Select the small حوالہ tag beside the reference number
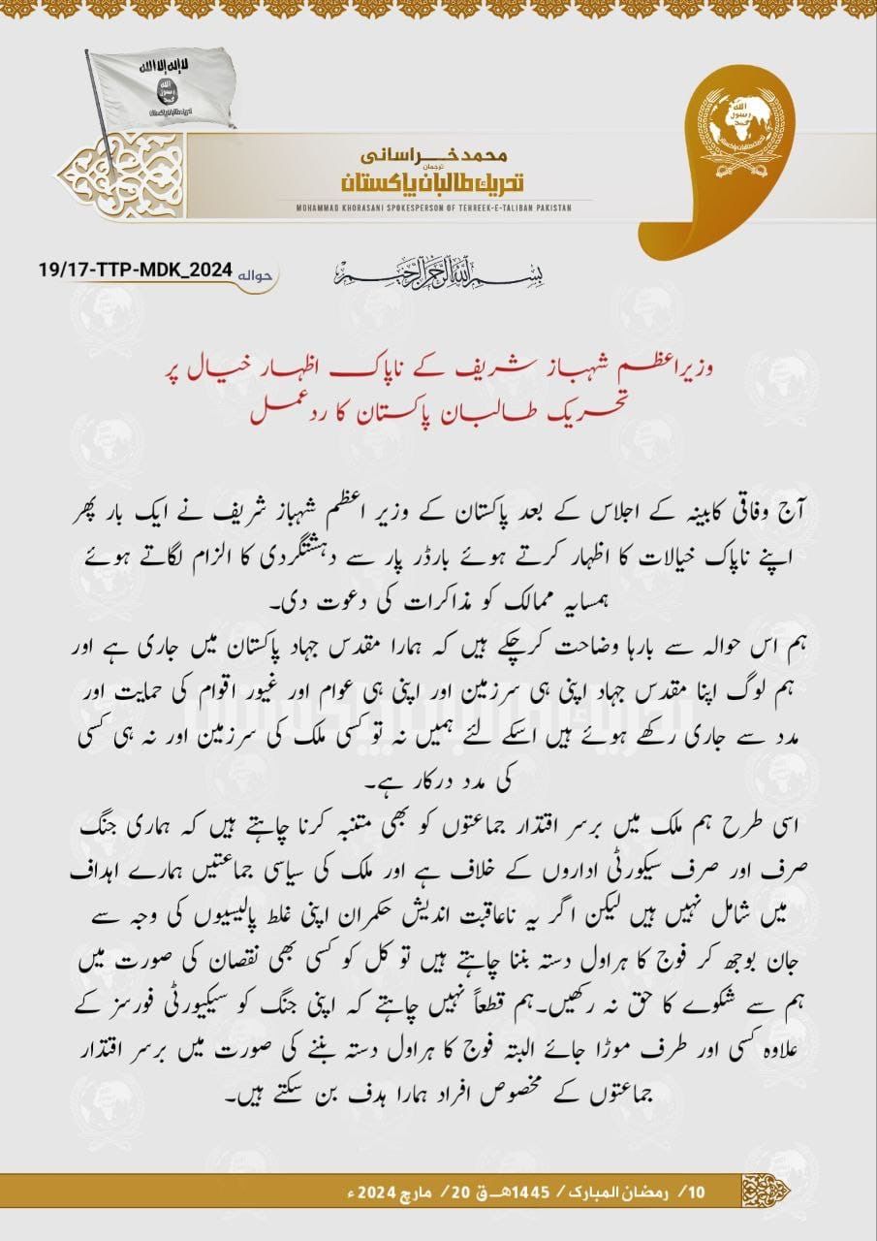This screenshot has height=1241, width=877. (256, 272)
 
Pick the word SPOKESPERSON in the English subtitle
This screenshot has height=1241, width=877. (427, 207)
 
